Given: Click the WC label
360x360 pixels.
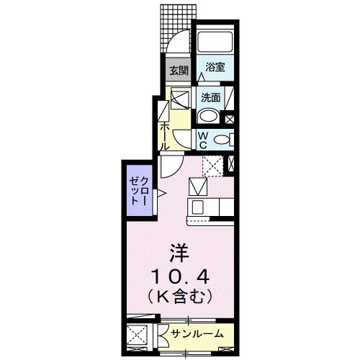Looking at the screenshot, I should pyautogui.click(x=203, y=138).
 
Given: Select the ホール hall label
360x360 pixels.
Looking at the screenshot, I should pyautogui.click(x=165, y=135).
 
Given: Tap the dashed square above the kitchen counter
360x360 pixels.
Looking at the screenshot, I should pyautogui.click(x=212, y=166).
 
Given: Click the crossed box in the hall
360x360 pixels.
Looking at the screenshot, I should pyautogui.click(x=180, y=99).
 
